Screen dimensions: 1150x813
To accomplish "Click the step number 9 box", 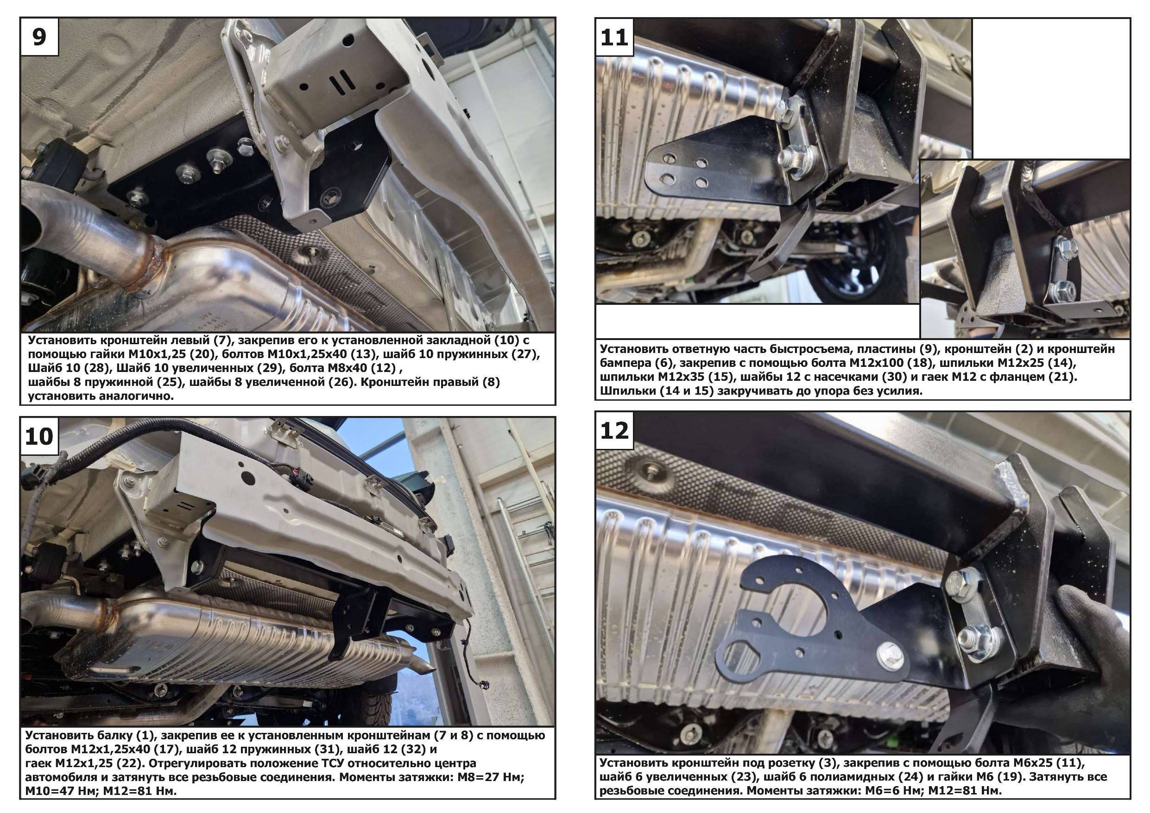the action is pos(39,37).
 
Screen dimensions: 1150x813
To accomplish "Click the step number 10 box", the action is pos(39,436).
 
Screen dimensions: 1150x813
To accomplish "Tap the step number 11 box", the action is pos(614,37).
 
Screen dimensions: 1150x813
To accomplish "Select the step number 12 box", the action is pos(614,431).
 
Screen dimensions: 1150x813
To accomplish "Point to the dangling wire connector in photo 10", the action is pos(483,685).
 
